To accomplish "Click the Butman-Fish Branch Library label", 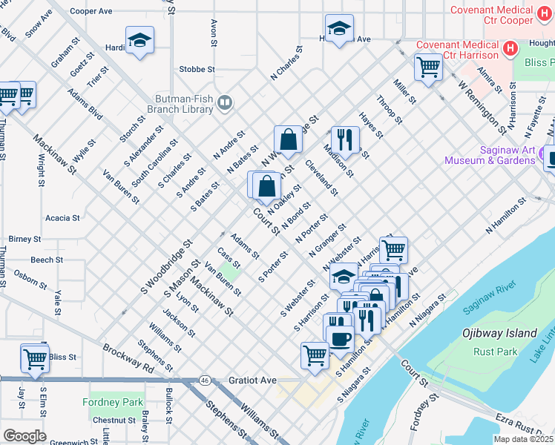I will pos(183,103).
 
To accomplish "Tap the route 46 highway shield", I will pos(204,380).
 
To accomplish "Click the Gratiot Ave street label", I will pos(252,380).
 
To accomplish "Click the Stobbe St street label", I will pos(197,69).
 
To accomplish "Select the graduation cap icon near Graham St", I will pos(139,42).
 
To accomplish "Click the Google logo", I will pos(24,436).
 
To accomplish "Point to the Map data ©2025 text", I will pos(523,439).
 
